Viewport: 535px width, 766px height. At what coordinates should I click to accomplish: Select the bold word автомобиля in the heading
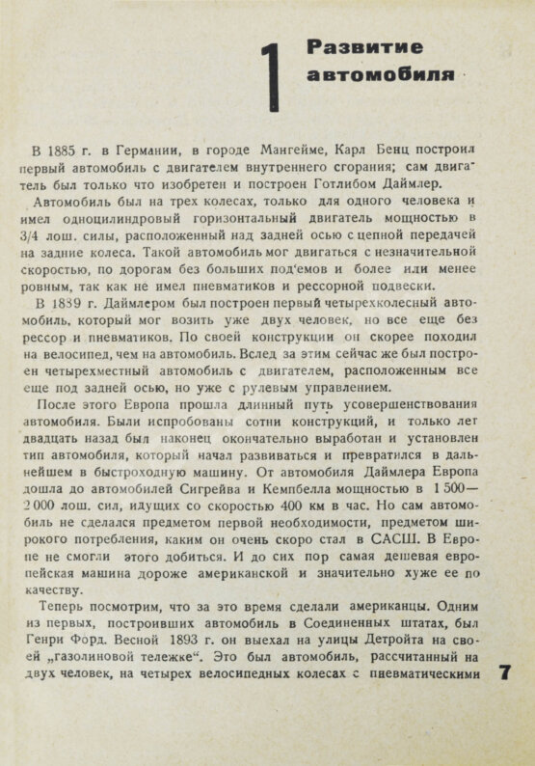tap(366, 74)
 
